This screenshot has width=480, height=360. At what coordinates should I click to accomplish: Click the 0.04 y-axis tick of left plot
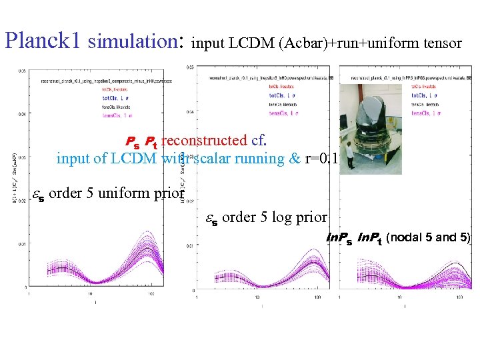click(x=22, y=114)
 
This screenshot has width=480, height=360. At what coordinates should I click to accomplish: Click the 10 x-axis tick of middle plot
click(x=258, y=297)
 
